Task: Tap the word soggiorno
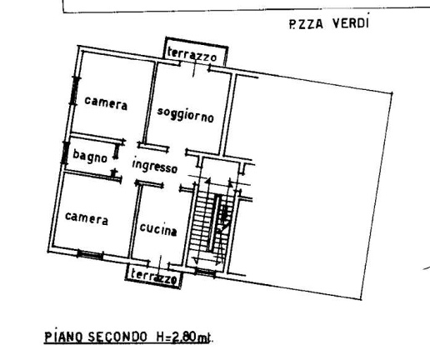click(x=185, y=116)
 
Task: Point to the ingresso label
click(x=156, y=166)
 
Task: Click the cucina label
click(x=157, y=229)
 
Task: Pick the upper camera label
click(x=106, y=104)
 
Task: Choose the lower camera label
click(x=86, y=219)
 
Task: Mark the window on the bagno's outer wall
click(x=65, y=153)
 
